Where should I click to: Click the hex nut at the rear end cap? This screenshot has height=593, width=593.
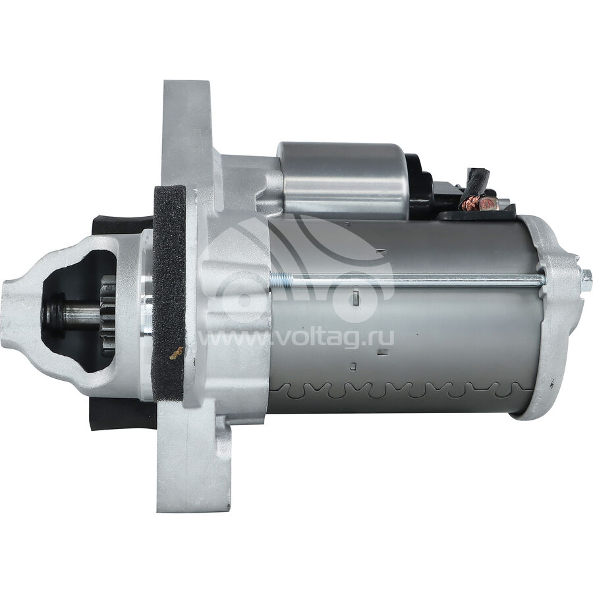coord(586,279)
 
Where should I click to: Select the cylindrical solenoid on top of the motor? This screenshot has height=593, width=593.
coord(344,181)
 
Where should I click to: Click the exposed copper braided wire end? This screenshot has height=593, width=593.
coord(469,204)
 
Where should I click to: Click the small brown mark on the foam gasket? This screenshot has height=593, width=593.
coord(176,353)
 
